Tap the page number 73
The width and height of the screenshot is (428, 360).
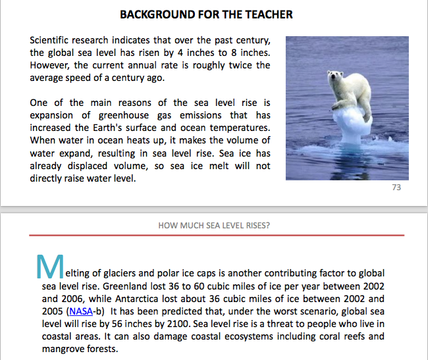396,188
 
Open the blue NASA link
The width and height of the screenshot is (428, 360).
80,311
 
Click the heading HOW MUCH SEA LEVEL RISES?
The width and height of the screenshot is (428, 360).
214,225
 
